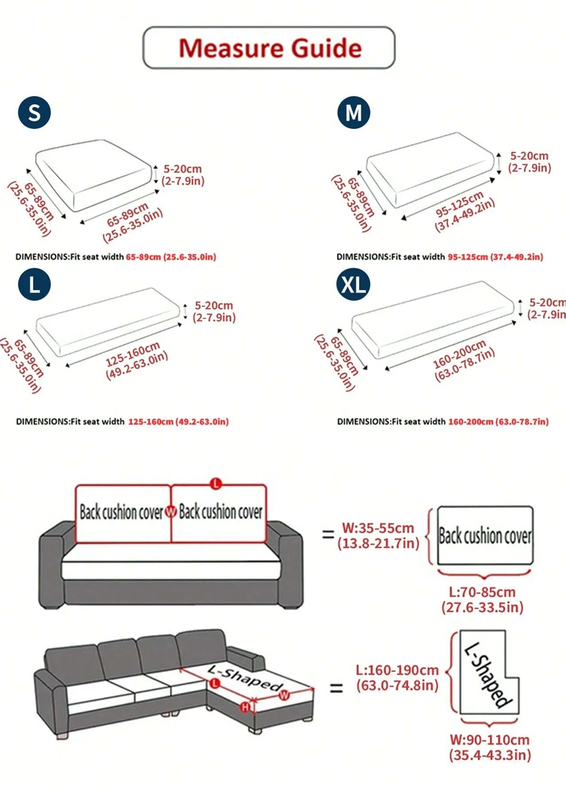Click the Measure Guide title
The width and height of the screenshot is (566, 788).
270,48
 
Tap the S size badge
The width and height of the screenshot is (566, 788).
34,112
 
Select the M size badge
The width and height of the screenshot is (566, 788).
353,112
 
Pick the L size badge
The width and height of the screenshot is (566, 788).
34,284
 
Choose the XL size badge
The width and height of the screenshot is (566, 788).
353,284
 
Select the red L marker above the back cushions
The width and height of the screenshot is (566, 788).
216,483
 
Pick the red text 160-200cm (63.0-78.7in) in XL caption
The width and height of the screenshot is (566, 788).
498,421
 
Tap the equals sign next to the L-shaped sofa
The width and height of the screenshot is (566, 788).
336,687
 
